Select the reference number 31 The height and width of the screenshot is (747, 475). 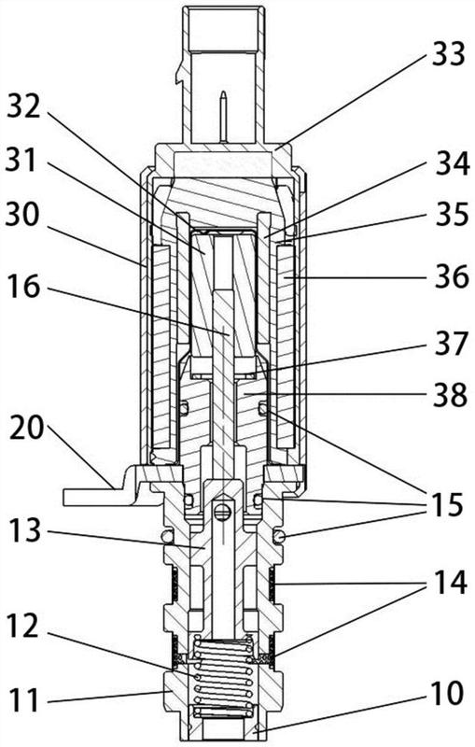point(21,160)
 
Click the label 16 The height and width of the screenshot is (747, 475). point(23,287)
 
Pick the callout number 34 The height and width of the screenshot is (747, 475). point(454,164)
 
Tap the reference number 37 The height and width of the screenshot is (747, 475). point(452,343)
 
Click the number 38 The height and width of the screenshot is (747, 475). point(450,394)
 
